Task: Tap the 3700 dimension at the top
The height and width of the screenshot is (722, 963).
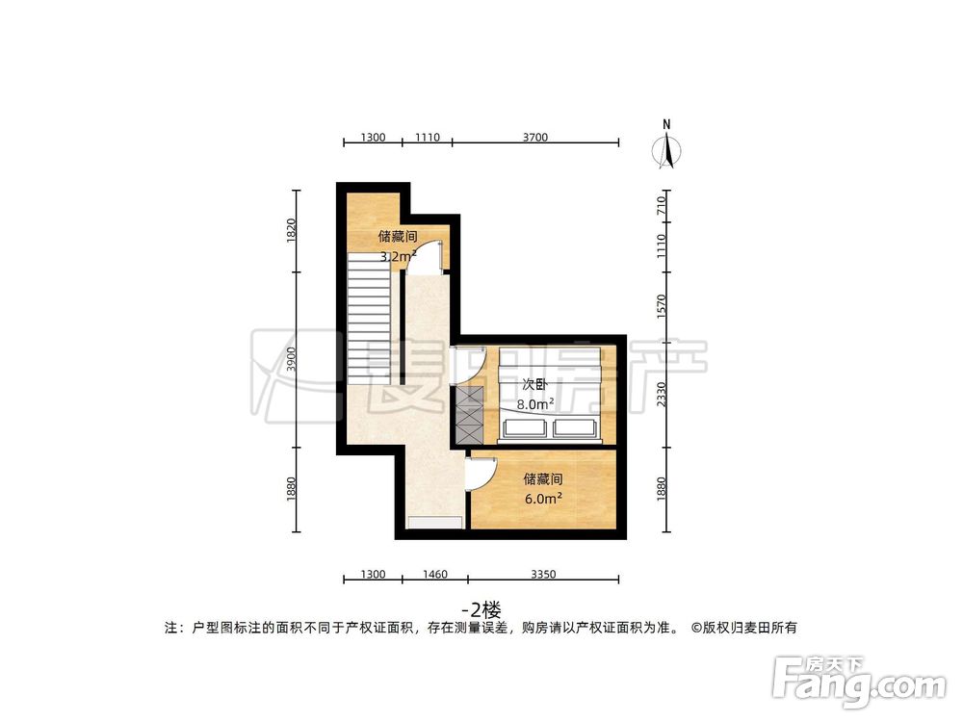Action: pos(534,138)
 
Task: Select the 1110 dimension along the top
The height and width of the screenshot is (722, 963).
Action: pos(427,138)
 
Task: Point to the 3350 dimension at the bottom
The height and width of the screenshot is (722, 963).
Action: pos(542,575)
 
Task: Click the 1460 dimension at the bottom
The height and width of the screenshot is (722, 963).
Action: pos(434,575)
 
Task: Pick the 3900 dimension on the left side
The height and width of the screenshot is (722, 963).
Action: pos(292,359)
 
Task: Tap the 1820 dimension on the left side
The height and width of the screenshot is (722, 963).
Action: pos(292,230)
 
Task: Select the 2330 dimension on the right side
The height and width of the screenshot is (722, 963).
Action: pos(661,394)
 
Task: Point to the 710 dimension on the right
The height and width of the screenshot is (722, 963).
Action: pos(661,204)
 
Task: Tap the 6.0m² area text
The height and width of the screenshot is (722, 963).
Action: pos(543,499)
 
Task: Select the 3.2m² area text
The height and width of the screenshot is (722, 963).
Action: pos(397,257)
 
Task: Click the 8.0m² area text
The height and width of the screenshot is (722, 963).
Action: pos(534,405)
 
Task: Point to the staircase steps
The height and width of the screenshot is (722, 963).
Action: pos(368,317)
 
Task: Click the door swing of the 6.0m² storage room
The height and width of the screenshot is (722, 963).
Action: pos(479,473)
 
